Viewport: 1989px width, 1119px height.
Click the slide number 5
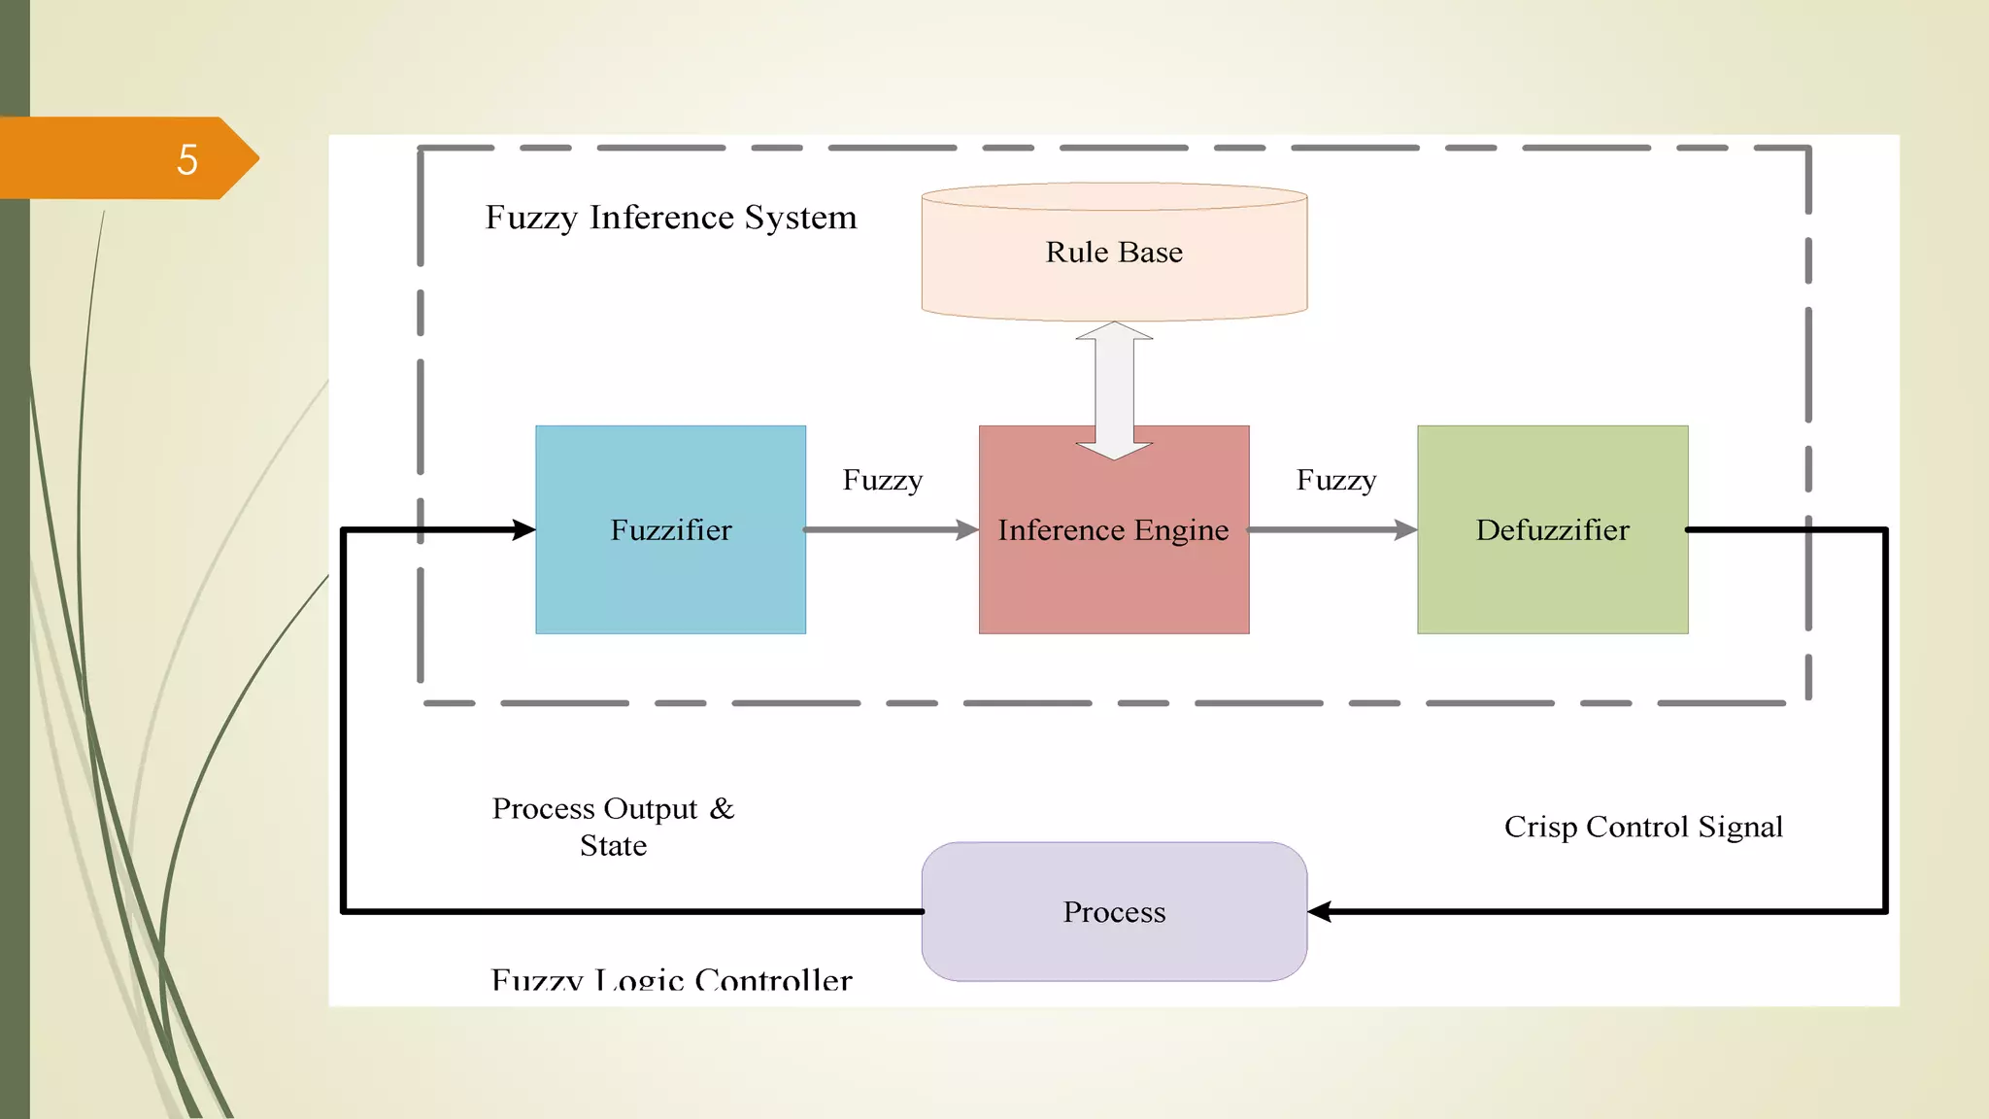pyautogui.click(x=187, y=159)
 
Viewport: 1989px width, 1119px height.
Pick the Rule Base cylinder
pyautogui.click(x=1114, y=282)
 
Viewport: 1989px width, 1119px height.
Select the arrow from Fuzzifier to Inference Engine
pyautogui.click(x=889, y=529)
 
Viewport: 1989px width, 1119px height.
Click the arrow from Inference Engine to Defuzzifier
pyautogui.click(x=1332, y=529)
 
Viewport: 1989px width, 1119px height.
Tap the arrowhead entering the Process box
pyautogui.click(x=1320, y=911)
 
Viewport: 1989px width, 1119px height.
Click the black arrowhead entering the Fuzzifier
pyautogui.click(x=523, y=529)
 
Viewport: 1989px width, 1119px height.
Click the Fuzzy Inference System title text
pyautogui.click(x=671, y=218)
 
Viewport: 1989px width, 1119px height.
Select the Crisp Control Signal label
pyautogui.click(x=1643, y=827)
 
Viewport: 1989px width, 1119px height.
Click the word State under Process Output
pyautogui.click(x=613, y=846)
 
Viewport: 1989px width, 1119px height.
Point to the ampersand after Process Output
pyautogui.click(x=722, y=808)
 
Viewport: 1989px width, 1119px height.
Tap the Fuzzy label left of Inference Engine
pyautogui.click(x=882, y=480)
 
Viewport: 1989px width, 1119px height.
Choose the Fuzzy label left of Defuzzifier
pyautogui.click(x=1335, y=480)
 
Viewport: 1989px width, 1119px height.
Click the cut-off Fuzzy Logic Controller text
pyautogui.click(x=671, y=978)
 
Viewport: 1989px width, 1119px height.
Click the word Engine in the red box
pyautogui.click(x=1181, y=530)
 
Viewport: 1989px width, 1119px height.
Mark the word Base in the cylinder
pyautogui.click(x=1150, y=253)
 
